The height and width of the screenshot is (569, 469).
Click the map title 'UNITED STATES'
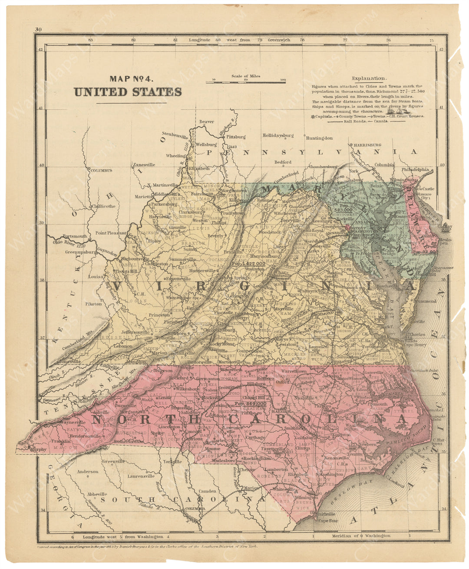(128, 92)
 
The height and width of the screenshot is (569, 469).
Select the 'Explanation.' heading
(369, 79)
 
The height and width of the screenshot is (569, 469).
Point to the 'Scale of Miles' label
(246, 76)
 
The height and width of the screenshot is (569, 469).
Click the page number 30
(38, 30)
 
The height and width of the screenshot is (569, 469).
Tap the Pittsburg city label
(235, 136)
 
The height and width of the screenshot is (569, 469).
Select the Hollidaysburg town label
(278, 135)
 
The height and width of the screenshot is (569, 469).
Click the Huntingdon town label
(319, 138)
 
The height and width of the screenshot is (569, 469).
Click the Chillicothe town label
(103, 206)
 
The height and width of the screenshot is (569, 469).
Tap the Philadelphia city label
(415, 170)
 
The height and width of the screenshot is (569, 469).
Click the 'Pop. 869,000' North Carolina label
(250, 404)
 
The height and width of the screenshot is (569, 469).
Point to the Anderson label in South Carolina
(88, 471)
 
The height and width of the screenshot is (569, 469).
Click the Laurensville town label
(141, 476)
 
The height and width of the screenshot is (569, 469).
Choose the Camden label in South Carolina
(207, 491)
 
